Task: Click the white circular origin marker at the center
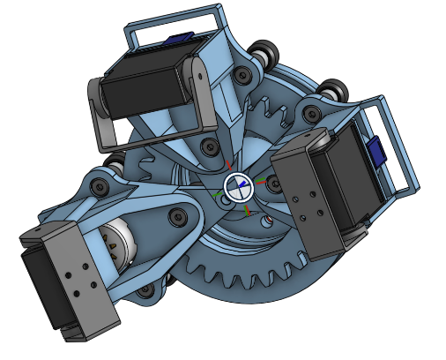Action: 237,186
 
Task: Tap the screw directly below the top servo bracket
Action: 209,146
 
